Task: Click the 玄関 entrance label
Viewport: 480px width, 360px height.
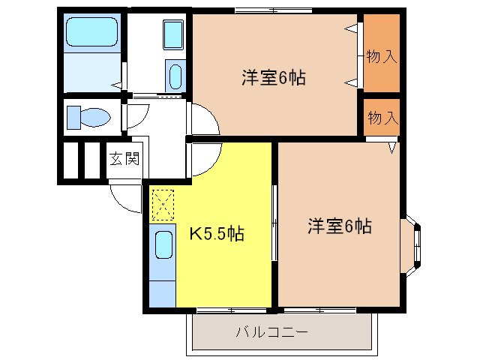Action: [x=124, y=159]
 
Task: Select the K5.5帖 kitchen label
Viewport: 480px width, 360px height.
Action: [x=215, y=234]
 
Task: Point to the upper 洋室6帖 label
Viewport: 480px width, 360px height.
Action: [x=273, y=77]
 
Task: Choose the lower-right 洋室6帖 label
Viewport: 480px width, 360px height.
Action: [x=339, y=226]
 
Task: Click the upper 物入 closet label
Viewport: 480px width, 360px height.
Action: [x=381, y=57]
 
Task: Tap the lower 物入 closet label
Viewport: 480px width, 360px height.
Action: [x=381, y=118]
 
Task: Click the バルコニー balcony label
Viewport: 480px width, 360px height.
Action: [x=272, y=331]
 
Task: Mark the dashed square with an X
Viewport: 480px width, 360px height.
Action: [x=162, y=204]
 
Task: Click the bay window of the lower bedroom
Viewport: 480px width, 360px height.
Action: [x=415, y=244]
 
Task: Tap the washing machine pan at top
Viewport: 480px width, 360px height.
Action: [x=173, y=34]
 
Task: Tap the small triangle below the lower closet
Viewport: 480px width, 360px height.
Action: [x=391, y=148]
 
